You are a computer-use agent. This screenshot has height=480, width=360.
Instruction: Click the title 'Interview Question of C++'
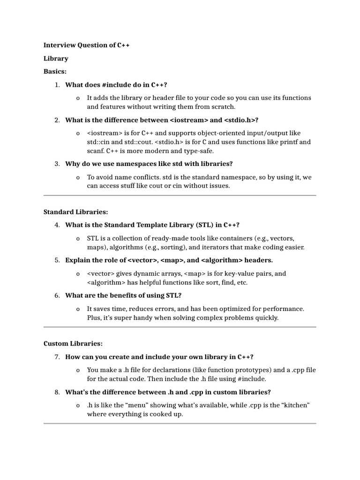pos(87,45)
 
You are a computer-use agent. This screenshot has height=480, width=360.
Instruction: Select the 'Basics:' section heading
pos(55,72)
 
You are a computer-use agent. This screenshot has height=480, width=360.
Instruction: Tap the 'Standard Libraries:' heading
pos(75,212)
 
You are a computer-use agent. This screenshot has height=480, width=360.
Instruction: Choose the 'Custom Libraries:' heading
pos(73,344)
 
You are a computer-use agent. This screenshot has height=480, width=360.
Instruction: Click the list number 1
pos(57,85)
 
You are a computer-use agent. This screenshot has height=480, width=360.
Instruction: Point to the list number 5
pos(57,260)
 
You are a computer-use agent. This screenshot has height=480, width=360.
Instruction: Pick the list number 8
pos(57,392)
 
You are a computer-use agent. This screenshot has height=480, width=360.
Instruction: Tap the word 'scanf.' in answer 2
pos(96,151)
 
